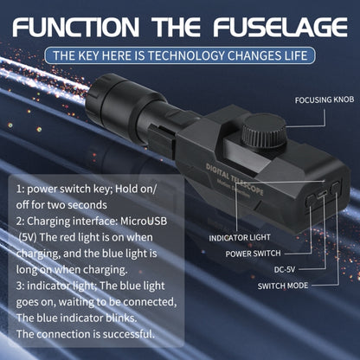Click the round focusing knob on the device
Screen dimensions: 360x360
[259, 136]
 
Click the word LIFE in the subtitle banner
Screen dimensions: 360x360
[291, 55]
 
